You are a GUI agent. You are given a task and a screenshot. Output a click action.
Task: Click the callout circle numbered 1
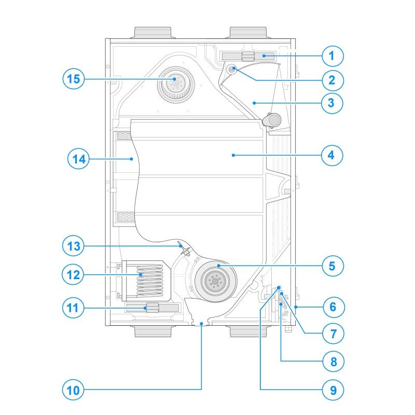(332, 56)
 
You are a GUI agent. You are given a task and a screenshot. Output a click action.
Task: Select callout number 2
(332, 80)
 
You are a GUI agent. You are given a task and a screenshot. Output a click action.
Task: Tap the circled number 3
(332, 103)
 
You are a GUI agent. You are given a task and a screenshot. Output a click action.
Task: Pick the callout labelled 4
(332, 155)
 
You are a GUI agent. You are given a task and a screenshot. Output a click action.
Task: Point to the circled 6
(332, 307)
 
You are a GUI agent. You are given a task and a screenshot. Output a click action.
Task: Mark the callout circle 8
(332, 361)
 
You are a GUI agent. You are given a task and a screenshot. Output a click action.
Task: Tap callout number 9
(332, 389)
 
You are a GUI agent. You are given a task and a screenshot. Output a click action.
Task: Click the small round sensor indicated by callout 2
(232, 68)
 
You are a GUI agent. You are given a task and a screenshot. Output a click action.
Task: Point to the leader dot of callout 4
(233, 155)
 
